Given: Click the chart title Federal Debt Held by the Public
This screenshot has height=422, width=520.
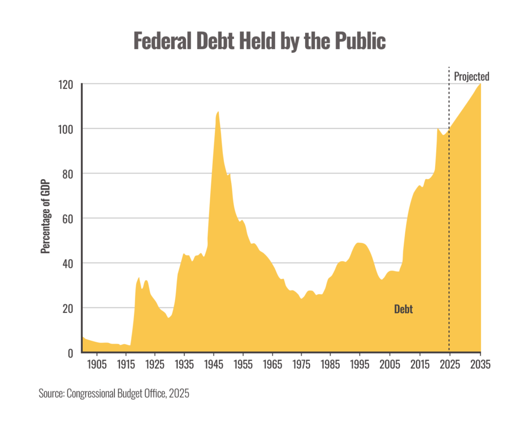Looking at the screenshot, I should (259, 41).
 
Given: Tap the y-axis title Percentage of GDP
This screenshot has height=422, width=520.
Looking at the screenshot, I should (46, 218).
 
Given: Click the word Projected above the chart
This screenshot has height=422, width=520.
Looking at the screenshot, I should (472, 77).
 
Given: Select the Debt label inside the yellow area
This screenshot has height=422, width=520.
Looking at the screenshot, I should (403, 309).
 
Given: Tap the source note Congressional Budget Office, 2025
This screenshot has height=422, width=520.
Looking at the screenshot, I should (114, 394).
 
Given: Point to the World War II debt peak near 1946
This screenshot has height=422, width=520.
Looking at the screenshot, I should (218, 111).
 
